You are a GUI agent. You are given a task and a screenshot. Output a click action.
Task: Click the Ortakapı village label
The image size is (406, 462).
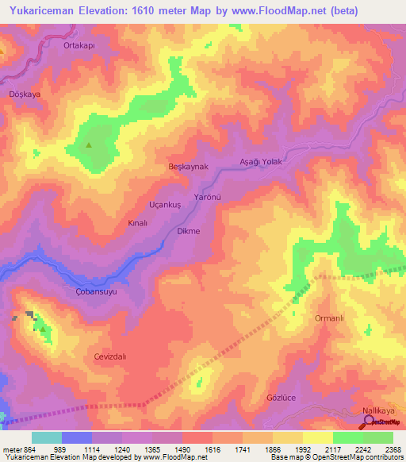tap(79, 46)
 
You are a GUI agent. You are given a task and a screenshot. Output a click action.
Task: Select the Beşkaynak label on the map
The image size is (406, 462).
tap(188, 167)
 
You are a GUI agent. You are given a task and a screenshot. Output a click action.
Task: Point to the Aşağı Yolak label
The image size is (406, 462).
tap(261, 161)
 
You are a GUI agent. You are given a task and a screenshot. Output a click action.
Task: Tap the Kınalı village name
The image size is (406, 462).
tap(138, 224)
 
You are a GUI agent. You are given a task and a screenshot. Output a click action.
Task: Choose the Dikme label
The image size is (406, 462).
tap(188, 231)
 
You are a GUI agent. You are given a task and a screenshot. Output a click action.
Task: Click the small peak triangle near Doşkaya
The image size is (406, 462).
tap(89, 145)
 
